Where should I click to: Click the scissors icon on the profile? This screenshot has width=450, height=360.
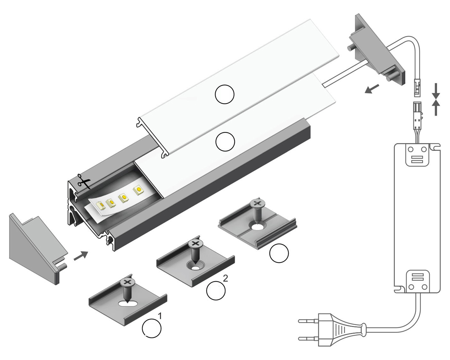pyautogui.click(x=84, y=181)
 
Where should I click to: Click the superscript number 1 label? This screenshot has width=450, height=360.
pyautogui.click(x=160, y=316)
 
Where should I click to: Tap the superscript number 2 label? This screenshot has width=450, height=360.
pyautogui.click(x=225, y=278)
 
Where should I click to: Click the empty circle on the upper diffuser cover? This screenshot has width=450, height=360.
pyautogui.click(x=225, y=94)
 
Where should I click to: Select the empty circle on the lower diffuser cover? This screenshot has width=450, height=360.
pyautogui.click(x=225, y=142)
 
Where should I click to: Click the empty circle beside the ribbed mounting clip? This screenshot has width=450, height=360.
pyautogui.click(x=279, y=253)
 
